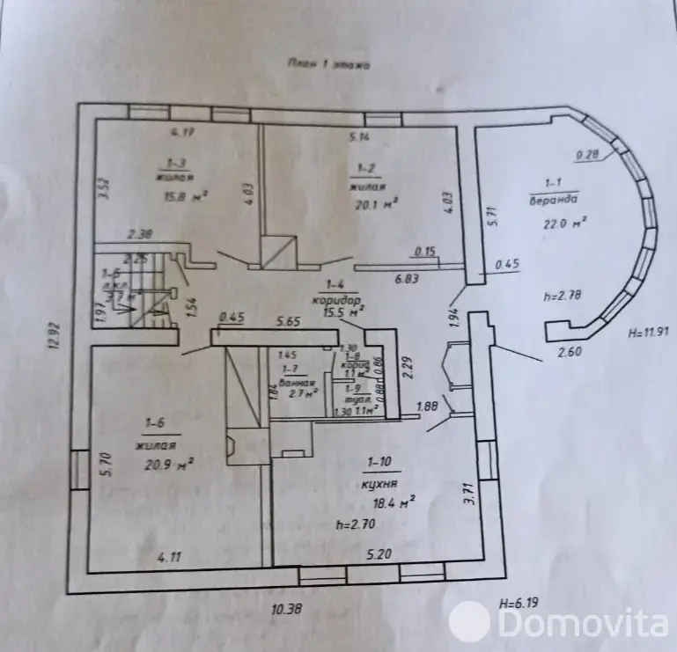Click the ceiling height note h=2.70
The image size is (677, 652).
point(357,524)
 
